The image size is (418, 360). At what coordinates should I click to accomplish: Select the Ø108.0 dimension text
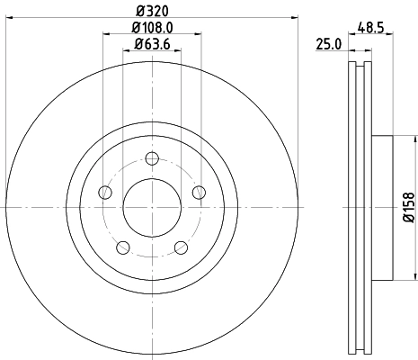[x=151, y=28]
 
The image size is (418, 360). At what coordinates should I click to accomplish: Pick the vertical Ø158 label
[x=408, y=206]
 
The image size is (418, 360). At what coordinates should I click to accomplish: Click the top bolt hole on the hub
[x=151, y=159]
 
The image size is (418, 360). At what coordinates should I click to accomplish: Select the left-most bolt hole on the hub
[x=105, y=193]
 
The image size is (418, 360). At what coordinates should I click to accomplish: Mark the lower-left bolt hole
[x=122, y=247]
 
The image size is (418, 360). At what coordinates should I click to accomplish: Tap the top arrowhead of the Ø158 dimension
[x=415, y=138]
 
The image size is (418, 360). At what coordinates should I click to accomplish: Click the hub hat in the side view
[x=379, y=208]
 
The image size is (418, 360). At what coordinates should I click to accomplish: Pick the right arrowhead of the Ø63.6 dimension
[x=180, y=52]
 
